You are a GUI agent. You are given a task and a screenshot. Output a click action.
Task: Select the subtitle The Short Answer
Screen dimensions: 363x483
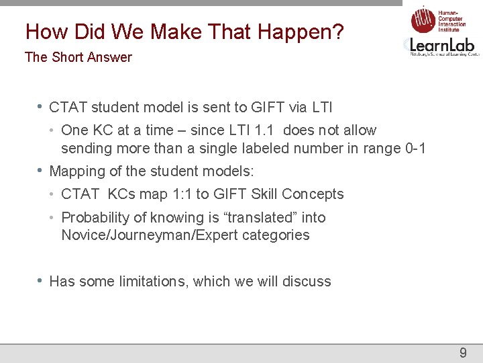(x=78, y=57)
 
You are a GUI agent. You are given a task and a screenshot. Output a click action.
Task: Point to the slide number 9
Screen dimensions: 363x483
(x=462, y=353)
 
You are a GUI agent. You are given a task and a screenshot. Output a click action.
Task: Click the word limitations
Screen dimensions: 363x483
(x=146, y=282)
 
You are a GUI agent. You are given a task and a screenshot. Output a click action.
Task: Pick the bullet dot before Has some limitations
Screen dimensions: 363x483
(x=41, y=281)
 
